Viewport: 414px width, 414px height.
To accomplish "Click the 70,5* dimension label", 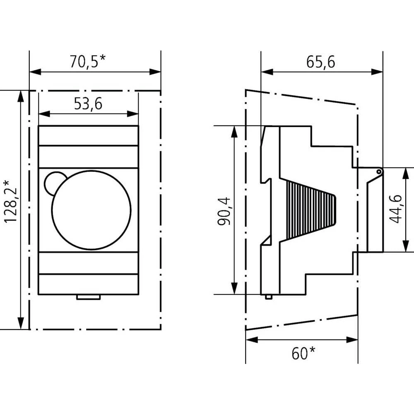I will coord(87,62).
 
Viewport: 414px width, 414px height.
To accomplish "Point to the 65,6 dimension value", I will coord(321,62).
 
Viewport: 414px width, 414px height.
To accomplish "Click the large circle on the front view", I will coord(91,210).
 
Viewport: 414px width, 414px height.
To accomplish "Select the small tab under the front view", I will coord(88,297).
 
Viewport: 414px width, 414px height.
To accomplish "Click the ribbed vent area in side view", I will coord(308,211).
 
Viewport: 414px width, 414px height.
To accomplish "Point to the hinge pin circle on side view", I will coord(379,171).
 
